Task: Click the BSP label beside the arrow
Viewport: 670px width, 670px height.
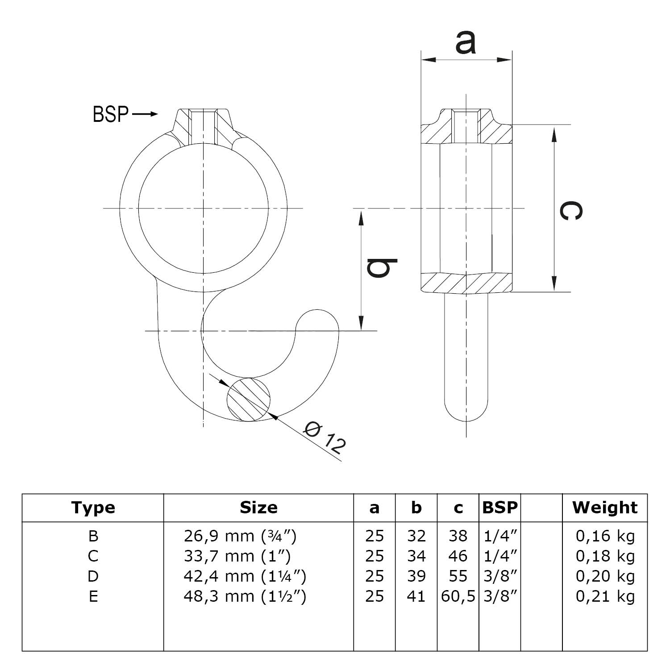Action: (110, 114)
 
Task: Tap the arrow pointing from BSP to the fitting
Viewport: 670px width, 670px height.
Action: (146, 114)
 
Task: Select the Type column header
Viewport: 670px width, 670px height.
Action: (93, 508)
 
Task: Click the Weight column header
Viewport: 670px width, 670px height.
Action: (605, 508)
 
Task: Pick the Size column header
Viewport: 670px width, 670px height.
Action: (258, 508)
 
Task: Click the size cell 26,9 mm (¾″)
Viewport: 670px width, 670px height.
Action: (240, 536)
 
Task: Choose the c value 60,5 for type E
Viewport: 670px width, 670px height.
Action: (458, 596)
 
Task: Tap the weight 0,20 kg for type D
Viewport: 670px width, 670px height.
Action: (605, 576)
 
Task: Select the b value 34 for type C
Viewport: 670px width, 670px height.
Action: (416, 556)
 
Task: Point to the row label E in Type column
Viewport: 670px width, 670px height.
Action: (93, 596)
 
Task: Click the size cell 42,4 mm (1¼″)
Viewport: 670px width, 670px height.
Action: (245, 576)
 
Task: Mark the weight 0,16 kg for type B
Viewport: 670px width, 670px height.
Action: (605, 536)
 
